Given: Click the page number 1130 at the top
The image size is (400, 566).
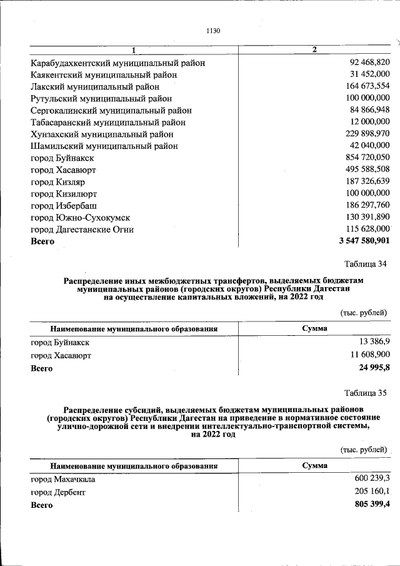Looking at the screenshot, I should click(212, 31).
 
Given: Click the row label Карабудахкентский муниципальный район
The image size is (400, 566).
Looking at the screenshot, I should click(117, 63).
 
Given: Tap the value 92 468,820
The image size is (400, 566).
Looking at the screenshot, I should click(367, 63).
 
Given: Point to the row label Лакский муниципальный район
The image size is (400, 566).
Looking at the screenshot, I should click(94, 87).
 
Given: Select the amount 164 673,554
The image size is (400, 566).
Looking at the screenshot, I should click(365, 87).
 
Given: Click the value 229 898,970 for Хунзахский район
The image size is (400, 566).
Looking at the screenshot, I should click(365, 134).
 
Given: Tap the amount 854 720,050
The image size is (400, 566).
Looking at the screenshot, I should click(365, 158).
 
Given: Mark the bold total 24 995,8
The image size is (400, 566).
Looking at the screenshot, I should click(374, 368).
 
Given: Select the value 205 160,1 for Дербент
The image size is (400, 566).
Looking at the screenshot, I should click(372, 492).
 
